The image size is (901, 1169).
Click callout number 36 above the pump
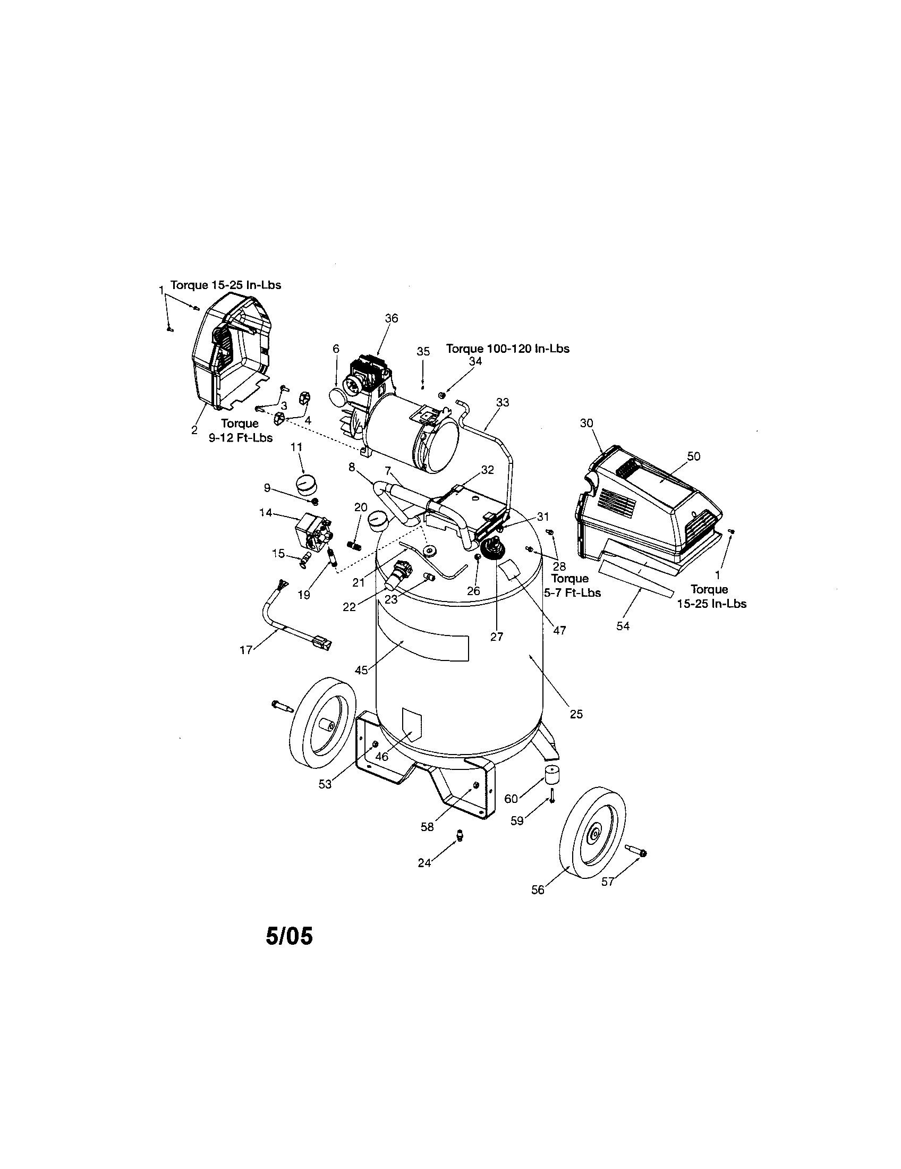click(x=392, y=318)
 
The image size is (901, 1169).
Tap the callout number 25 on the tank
click(x=576, y=714)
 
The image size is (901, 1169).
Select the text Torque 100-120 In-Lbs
click(x=508, y=349)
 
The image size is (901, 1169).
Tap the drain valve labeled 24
click(x=458, y=835)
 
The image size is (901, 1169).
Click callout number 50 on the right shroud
click(x=693, y=456)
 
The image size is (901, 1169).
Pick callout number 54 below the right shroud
click(x=623, y=626)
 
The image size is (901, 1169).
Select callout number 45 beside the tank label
click(x=362, y=670)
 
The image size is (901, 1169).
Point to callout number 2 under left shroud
click(x=194, y=430)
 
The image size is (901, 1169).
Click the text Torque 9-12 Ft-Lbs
click(x=240, y=431)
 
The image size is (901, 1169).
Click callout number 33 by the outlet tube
click(x=503, y=402)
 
